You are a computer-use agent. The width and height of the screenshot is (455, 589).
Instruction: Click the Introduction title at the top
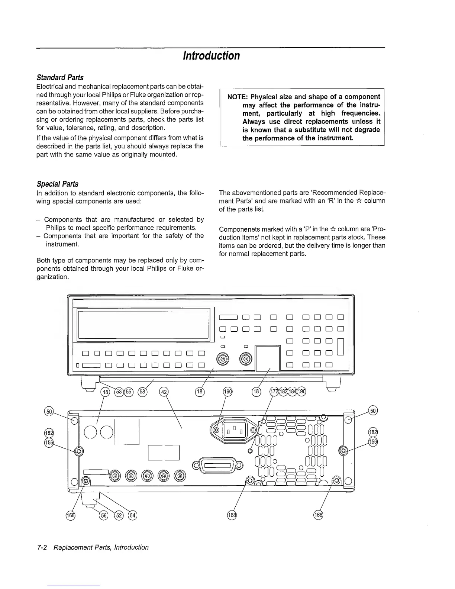click(x=212, y=56)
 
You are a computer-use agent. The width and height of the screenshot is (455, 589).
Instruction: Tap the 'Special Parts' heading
click(x=58, y=184)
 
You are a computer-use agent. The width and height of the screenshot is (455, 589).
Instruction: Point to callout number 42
click(x=164, y=392)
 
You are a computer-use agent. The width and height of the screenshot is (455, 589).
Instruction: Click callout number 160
click(x=227, y=392)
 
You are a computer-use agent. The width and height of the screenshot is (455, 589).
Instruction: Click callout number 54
click(x=132, y=515)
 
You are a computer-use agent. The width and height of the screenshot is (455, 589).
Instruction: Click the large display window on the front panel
click(x=142, y=324)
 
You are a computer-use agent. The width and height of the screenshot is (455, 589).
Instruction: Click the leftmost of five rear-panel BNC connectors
click(x=115, y=476)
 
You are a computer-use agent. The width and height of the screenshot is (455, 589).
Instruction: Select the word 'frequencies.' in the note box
click(x=361, y=113)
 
